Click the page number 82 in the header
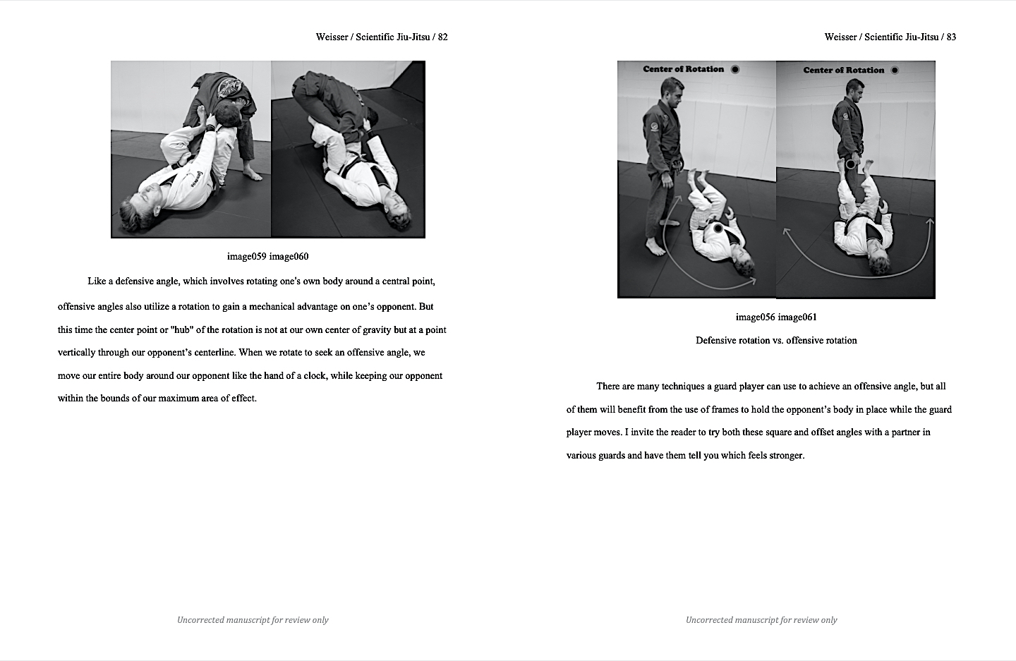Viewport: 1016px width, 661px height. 442,37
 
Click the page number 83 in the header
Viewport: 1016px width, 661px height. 951,37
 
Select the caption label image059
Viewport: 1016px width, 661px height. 246,256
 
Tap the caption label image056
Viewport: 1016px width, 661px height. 755,317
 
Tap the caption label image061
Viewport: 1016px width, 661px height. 797,317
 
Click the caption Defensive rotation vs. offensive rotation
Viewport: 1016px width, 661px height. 776,340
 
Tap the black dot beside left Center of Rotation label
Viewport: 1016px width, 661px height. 735,69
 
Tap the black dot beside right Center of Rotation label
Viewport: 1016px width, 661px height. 895,70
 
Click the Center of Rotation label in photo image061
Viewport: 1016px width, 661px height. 843,70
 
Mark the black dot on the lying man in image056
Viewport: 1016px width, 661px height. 718,229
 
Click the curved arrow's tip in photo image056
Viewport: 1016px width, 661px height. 754,281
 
